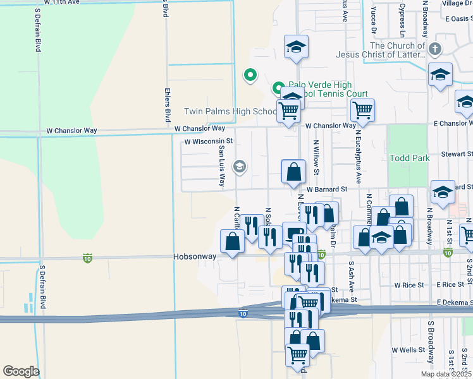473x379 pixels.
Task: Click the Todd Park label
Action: click(x=409, y=158)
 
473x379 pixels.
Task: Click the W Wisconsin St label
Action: click(x=209, y=141)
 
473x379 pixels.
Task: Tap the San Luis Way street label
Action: click(x=221, y=167)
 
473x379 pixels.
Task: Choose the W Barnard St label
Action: click(x=328, y=189)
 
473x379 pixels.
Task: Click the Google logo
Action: click(x=21, y=371)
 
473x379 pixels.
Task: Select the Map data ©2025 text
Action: click(x=446, y=374)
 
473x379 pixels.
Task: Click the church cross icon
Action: click(x=434, y=49)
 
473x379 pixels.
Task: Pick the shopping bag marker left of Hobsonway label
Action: click(x=233, y=241)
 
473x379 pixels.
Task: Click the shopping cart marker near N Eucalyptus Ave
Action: click(x=362, y=111)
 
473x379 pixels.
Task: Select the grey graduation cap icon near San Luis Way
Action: click(x=239, y=167)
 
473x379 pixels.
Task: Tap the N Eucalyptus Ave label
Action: click(x=359, y=160)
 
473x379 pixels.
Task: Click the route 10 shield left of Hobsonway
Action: click(x=87, y=258)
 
